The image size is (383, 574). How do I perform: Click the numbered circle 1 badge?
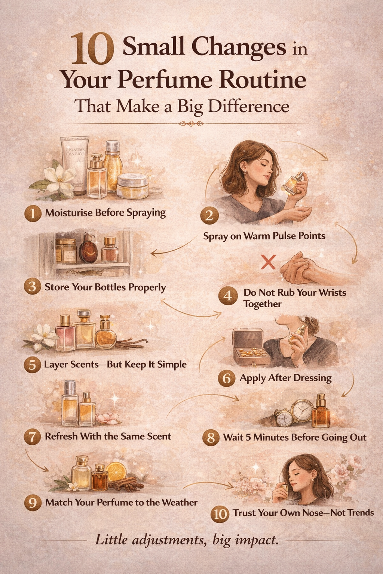[x=33, y=213]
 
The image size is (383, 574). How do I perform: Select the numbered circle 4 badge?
[x=228, y=296]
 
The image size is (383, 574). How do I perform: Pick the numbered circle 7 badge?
[x=33, y=437]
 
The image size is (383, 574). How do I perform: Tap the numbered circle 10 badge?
[x=220, y=514]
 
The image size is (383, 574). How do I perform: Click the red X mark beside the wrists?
[x=268, y=262]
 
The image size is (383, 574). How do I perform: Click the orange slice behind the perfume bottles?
[x=116, y=472]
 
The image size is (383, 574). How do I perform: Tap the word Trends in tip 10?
[x=360, y=513]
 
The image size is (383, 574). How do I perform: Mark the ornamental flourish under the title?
[x=191, y=124]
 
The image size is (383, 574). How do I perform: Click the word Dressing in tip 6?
[x=312, y=378]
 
